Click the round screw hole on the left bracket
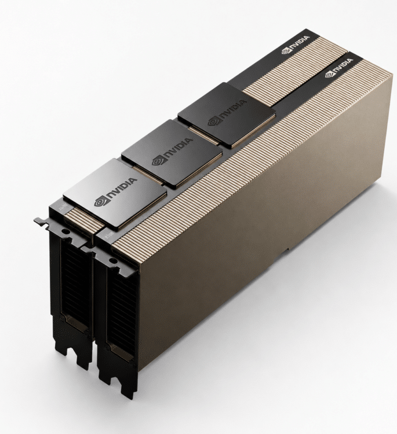(x=65, y=231)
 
